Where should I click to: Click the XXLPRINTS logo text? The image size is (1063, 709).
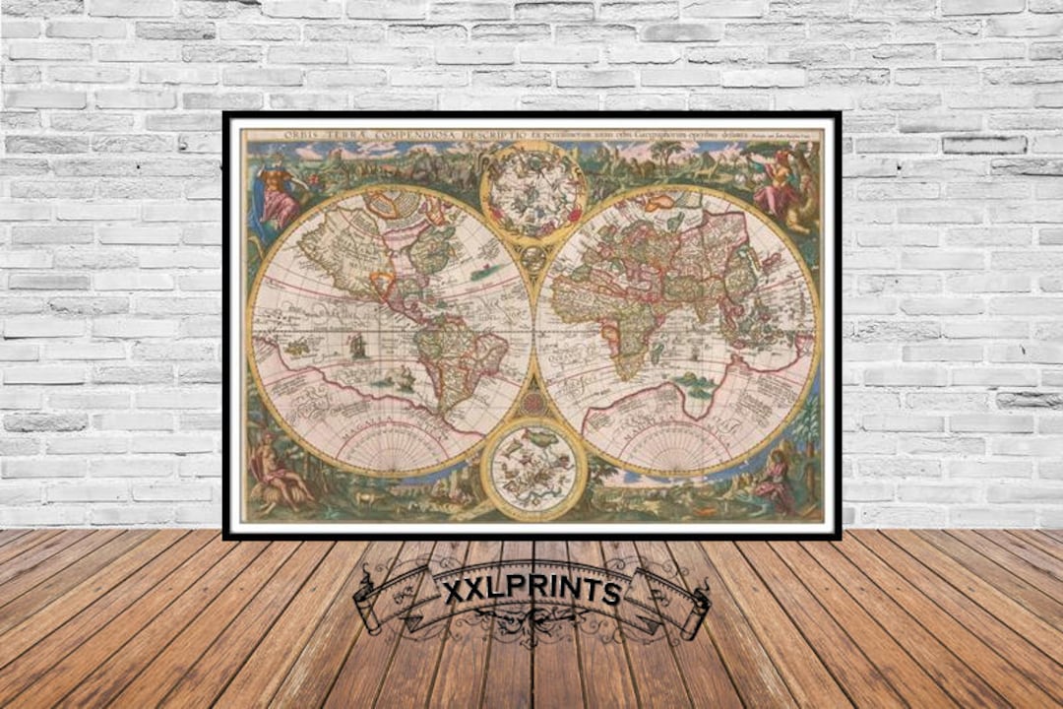click(x=531, y=592)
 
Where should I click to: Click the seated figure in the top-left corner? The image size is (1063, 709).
click(x=278, y=196)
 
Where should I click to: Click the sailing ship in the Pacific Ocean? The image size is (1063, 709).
click(x=356, y=347)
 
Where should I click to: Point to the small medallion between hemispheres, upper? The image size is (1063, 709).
click(x=532, y=259)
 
